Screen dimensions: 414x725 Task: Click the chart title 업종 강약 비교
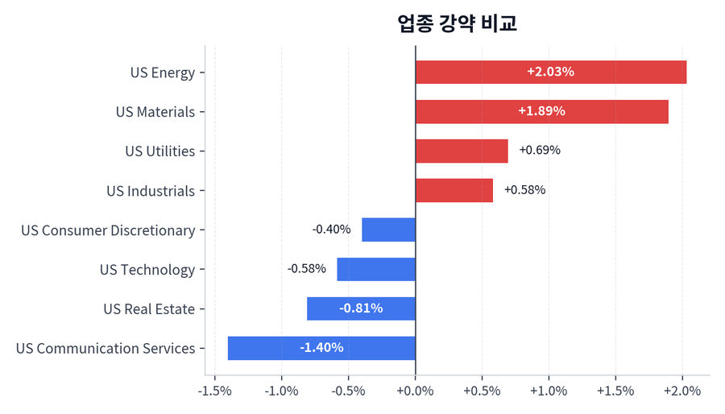[457, 23]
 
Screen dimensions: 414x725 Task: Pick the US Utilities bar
[462, 151]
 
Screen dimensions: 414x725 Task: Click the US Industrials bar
[454, 190]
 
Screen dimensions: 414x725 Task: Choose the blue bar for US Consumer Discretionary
[388, 230]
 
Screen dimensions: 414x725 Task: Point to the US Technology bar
[376, 269]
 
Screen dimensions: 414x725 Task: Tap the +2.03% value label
[550, 72]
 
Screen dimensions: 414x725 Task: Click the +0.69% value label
[540, 151]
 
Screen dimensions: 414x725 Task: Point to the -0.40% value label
[331, 230]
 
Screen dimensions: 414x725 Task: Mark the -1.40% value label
[321, 348]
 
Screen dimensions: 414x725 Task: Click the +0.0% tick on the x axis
[415, 391]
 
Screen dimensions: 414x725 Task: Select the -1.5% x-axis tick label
[215, 391]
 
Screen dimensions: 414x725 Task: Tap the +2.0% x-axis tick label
[682, 391]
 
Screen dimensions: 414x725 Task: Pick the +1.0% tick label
[549, 391]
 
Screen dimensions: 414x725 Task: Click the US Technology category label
[147, 270]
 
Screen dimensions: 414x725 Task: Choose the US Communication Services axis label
[106, 349]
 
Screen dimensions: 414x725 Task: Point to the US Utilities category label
[160, 151]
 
